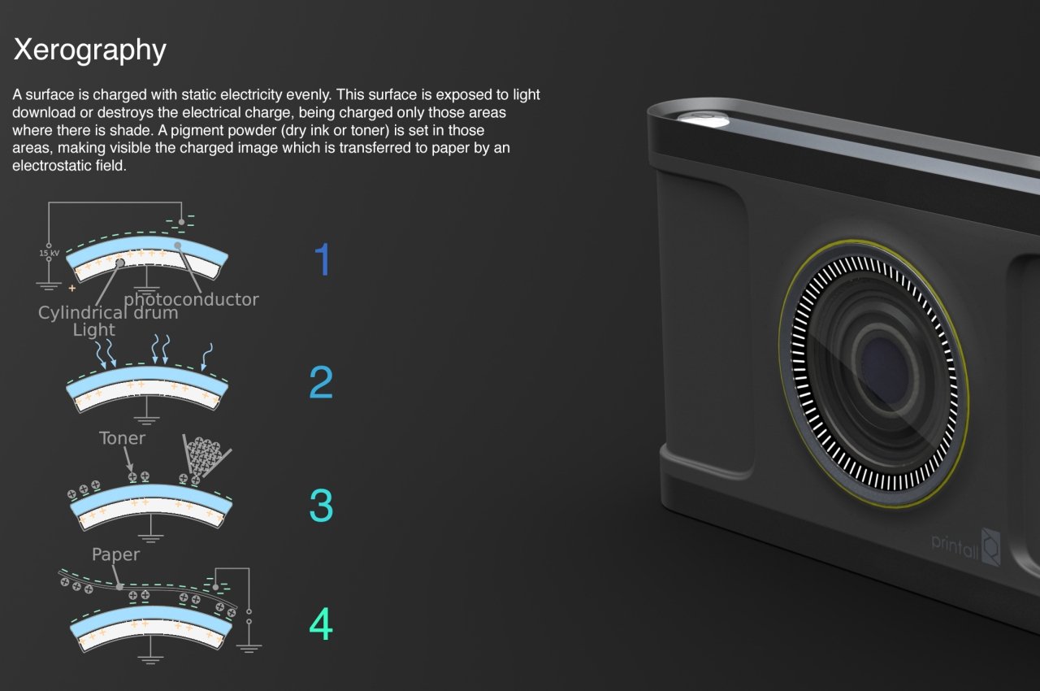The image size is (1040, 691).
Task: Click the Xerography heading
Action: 89,50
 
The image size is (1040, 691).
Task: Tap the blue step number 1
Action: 323,259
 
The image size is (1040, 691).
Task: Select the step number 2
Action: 321,382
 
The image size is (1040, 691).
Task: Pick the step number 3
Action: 321,506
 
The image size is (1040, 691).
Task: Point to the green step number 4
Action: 321,624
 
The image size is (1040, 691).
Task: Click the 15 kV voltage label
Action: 50,253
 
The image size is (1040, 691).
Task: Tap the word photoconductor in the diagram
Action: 191,299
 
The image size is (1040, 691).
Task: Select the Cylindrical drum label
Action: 108,313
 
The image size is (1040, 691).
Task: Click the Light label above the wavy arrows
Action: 93,330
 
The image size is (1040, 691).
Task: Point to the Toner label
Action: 122,438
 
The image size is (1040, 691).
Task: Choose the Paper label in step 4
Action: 115,554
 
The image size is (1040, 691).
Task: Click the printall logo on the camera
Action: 966,546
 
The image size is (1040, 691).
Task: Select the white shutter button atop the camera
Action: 703,119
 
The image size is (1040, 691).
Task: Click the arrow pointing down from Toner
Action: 128,460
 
